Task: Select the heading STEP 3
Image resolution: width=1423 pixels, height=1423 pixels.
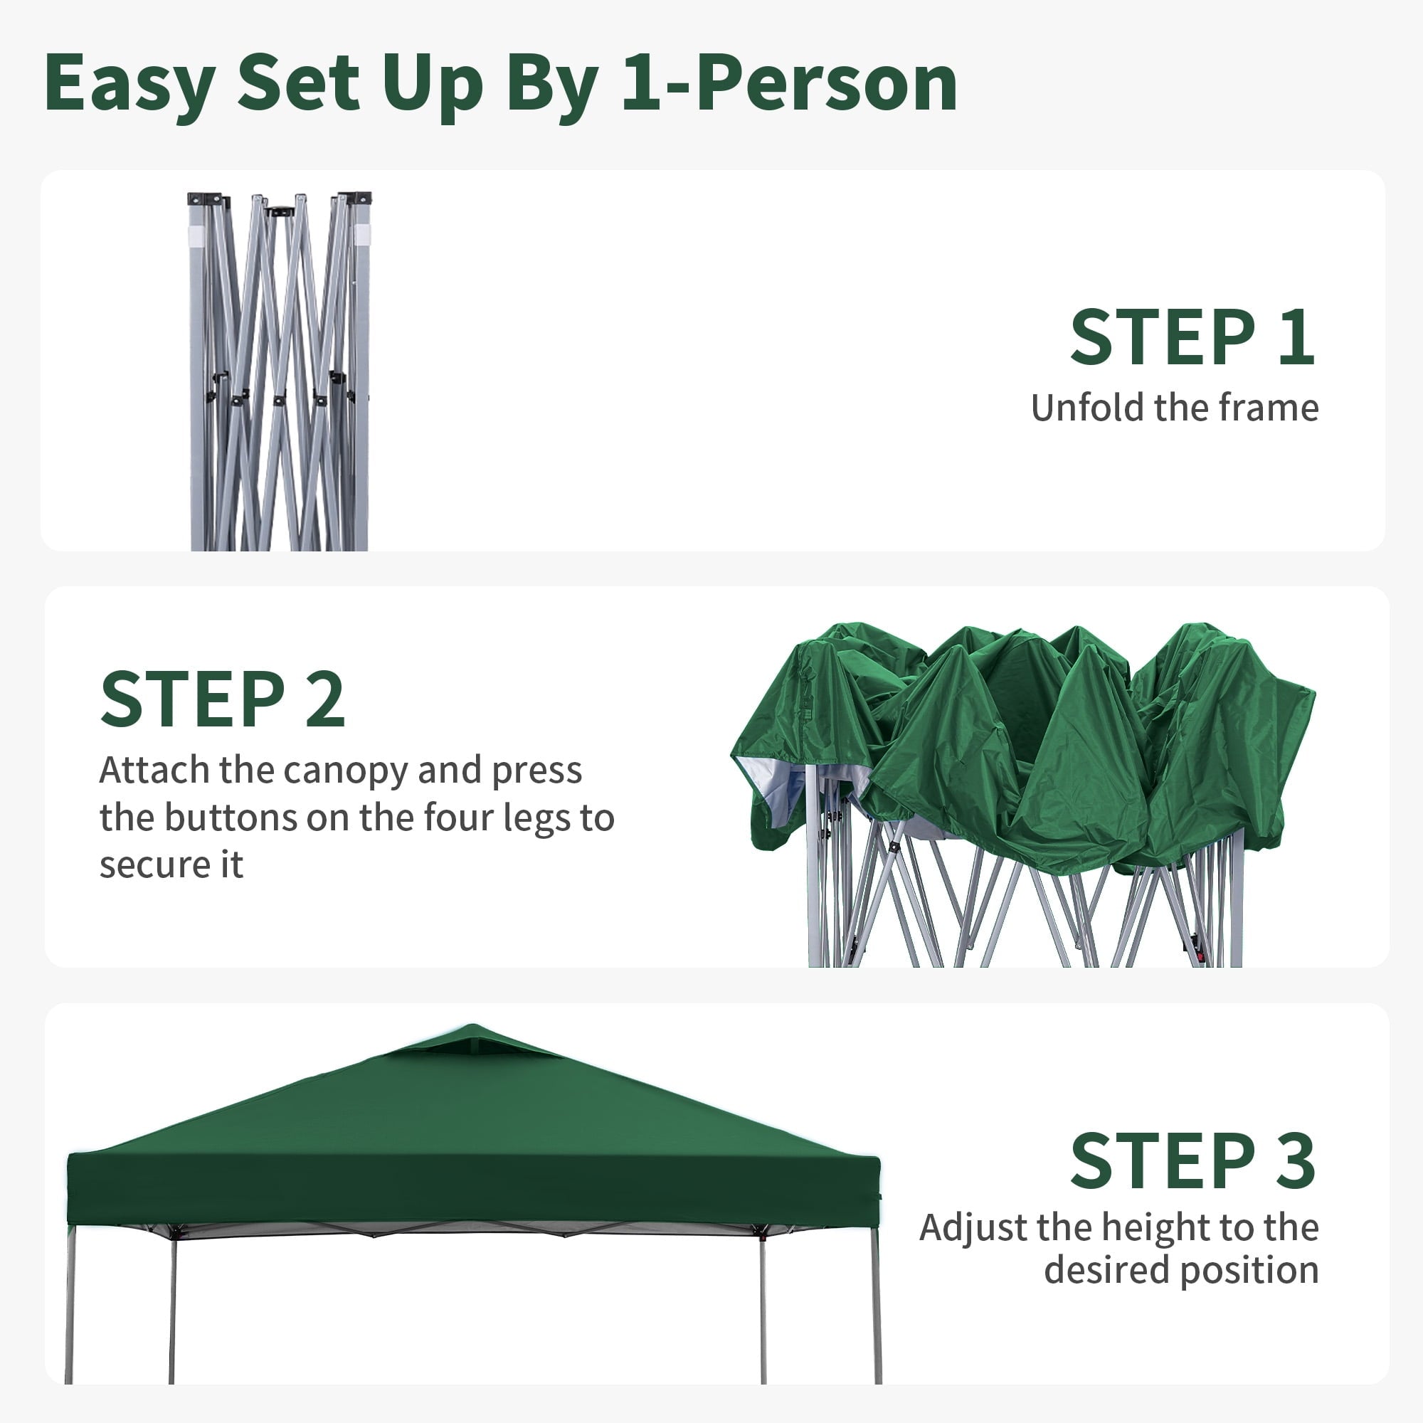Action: [x=1192, y=1162]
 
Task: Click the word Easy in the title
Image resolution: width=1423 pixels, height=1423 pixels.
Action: [x=129, y=83]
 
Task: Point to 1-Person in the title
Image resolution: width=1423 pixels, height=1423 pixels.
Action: [x=790, y=83]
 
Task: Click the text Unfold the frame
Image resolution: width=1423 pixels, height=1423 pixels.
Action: [x=1175, y=407]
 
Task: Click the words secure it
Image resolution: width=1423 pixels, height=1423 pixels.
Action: [x=171, y=864]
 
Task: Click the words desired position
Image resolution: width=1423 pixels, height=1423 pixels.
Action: [x=1181, y=1271]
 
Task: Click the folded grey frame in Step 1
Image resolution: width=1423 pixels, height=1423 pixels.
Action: [x=279, y=372]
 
